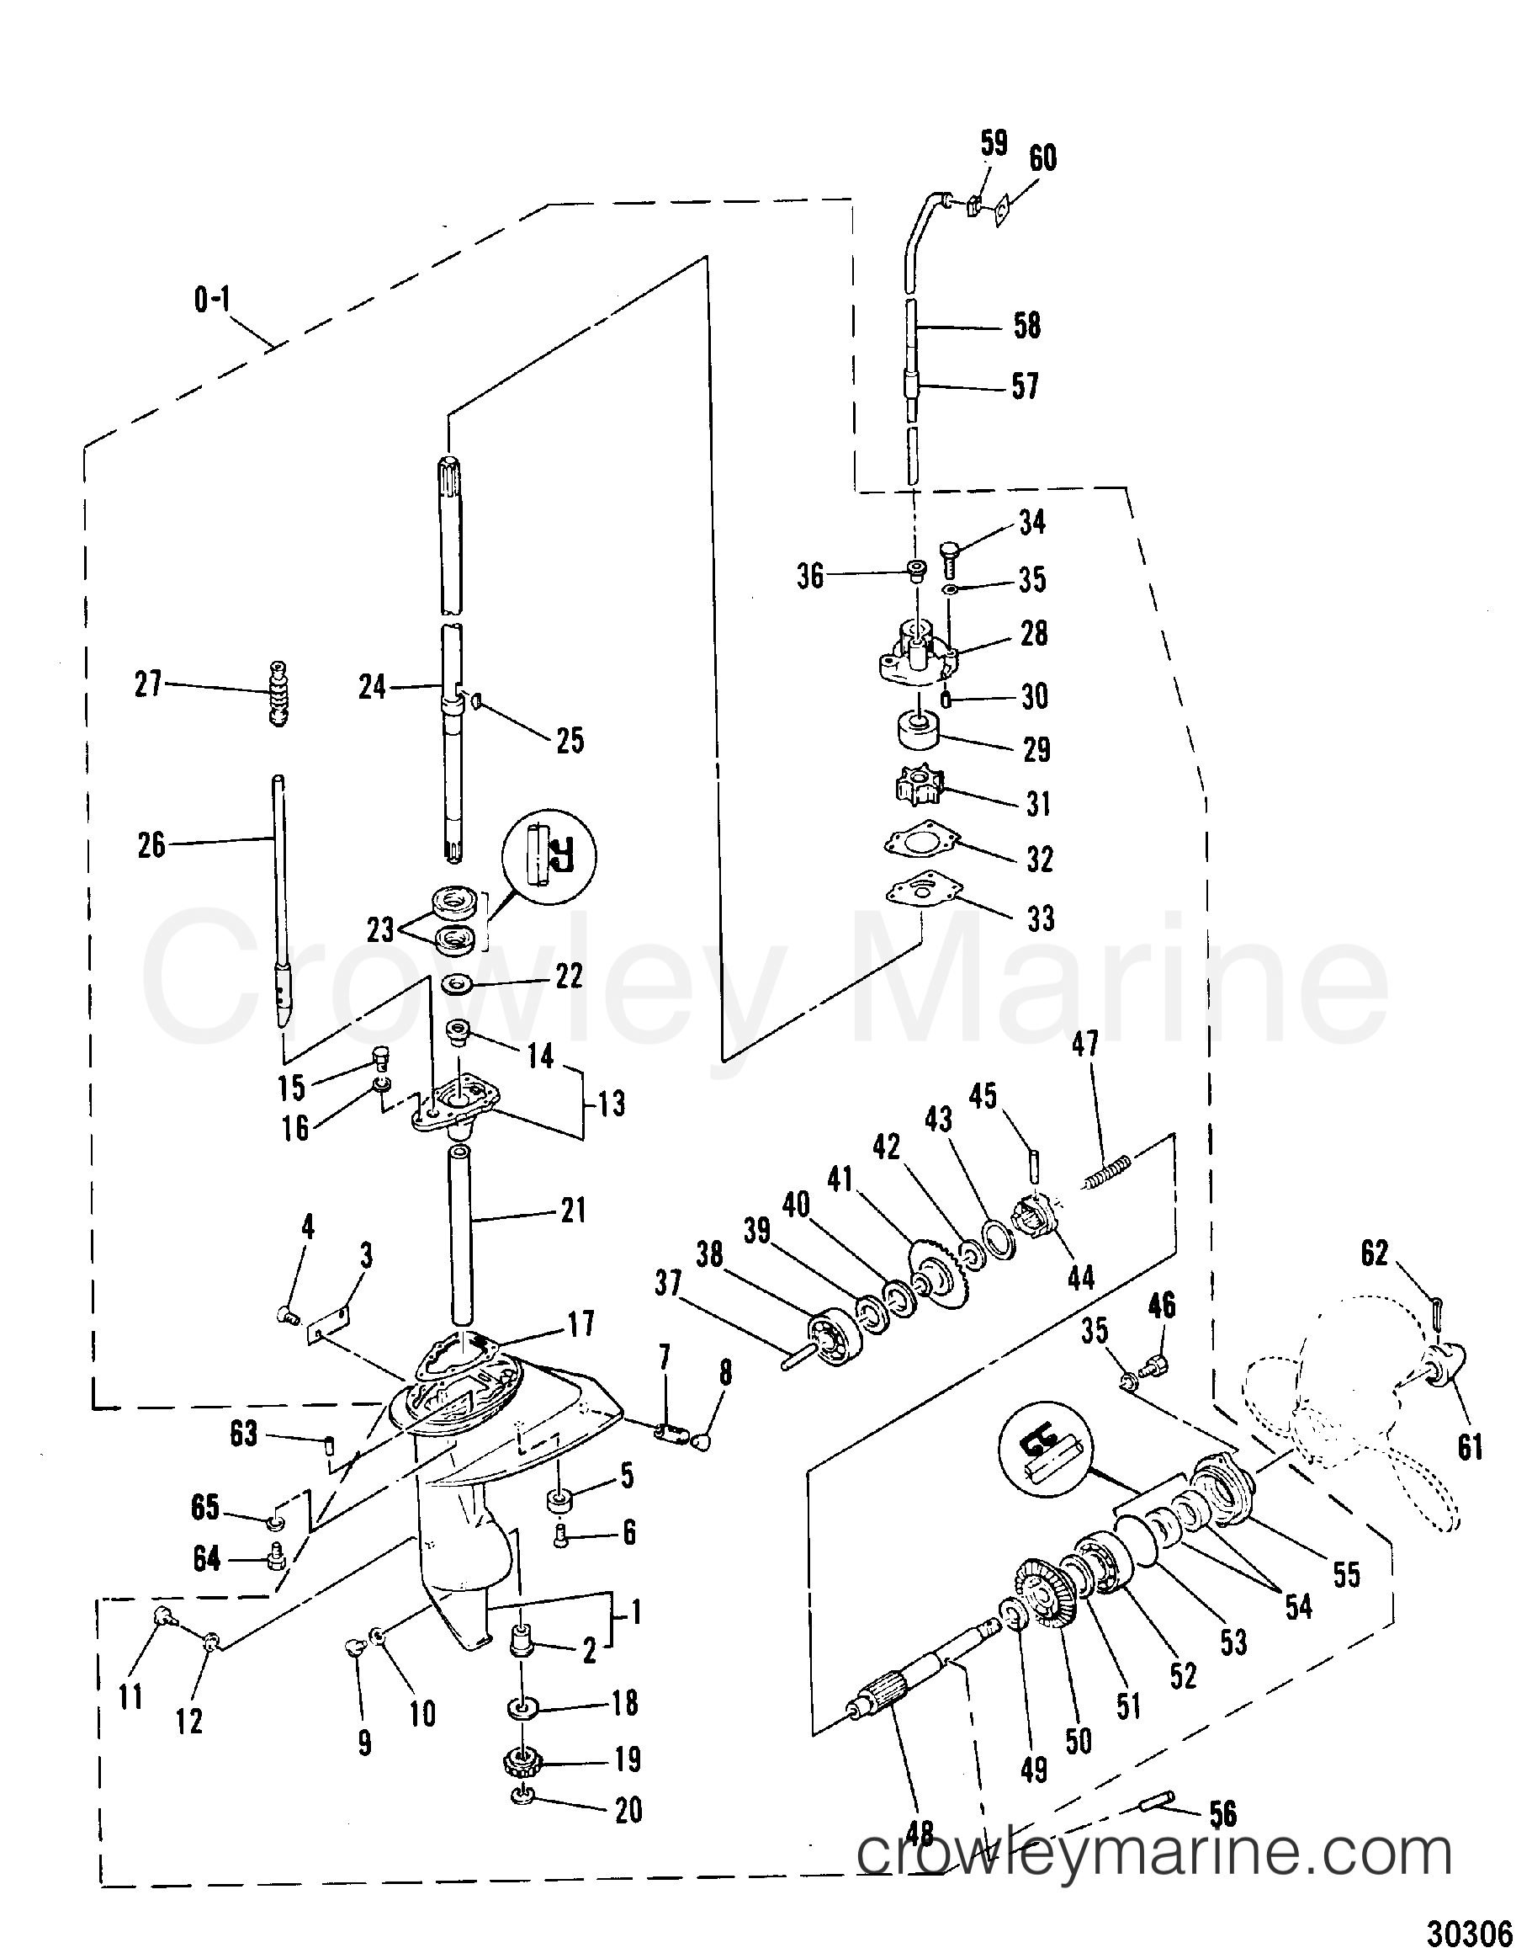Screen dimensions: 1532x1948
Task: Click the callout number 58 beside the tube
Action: [1027, 326]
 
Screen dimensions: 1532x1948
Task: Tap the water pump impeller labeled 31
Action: [918, 787]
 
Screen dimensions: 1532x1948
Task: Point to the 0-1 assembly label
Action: [212, 300]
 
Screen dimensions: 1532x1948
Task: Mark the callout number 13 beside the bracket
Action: [612, 1104]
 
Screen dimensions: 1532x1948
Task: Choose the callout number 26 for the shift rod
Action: [151, 845]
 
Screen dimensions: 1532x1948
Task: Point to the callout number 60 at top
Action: [1042, 160]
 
